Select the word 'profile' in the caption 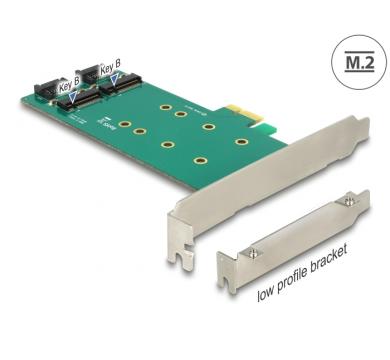tap(296, 281)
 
